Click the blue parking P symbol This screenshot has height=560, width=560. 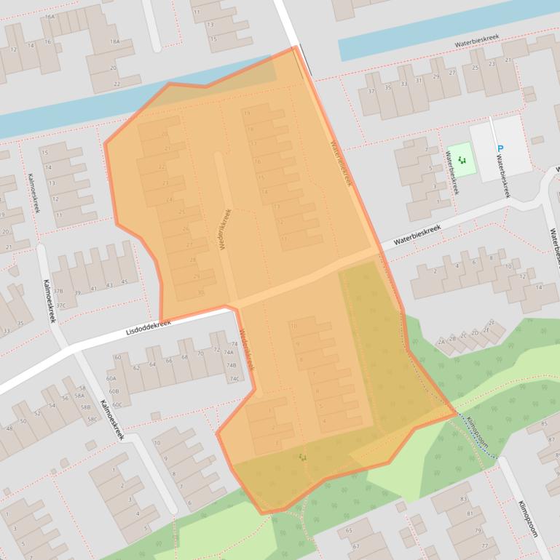click(500, 149)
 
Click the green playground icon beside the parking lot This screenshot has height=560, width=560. click(461, 159)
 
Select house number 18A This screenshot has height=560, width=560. click(114, 42)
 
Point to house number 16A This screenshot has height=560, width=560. click(50, 16)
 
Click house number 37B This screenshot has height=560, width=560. click(58, 292)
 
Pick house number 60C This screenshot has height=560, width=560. click(117, 404)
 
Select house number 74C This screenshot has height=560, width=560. click(234, 379)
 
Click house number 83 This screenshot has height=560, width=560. click(463, 499)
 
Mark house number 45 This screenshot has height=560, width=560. click(125, 282)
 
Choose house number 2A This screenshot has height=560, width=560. click(441, 341)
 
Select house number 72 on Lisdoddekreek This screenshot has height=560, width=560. click(216, 350)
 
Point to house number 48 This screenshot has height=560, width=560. click(9, 429)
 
